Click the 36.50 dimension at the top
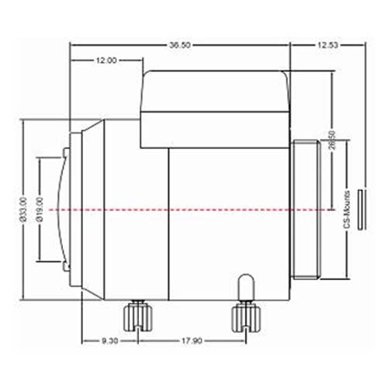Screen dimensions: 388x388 tap(179, 46)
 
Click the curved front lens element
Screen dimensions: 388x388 tap(61, 210)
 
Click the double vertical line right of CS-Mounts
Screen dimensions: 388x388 tap(360, 209)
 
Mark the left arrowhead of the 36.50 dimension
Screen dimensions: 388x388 tap(74, 46)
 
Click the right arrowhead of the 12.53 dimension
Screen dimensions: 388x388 tap(362, 46)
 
